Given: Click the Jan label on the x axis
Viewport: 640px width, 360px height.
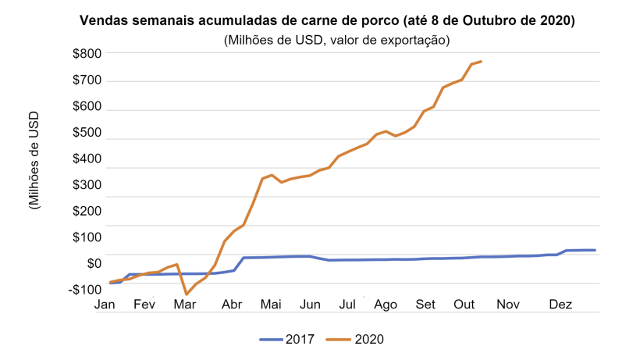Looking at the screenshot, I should (x=105, y=305).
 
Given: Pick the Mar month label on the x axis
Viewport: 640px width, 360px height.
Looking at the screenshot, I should (x=184, y=305).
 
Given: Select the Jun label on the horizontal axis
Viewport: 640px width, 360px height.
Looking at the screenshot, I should (x=310, y=305).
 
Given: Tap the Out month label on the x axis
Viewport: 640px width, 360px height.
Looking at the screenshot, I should (x=464, y=305).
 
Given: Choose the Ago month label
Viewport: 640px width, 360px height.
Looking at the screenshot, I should (x=386, y=305).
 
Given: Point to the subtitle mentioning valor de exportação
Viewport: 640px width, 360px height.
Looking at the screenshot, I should (x=328, y=39).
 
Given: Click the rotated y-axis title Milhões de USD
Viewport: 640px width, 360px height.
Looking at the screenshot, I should (x=34, y=160).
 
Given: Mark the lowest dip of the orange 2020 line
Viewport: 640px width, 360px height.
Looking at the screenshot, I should (x=186, y=294).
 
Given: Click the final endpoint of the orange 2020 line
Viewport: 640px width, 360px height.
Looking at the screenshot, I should (x=482, y=61).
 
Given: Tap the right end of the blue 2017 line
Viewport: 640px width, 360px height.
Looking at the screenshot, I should (x=596, y=250).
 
